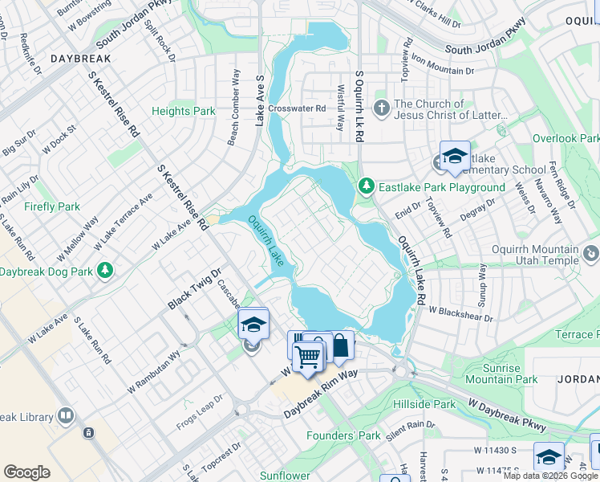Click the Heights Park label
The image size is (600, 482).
tap(184, 111)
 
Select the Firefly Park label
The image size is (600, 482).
tap(52, 206)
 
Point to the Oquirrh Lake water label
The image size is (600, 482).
tap(265, 240)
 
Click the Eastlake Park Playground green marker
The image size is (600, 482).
tap(367, 186)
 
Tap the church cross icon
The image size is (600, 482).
tap(382, 107)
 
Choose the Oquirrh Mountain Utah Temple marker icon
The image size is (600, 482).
tap(591, 255)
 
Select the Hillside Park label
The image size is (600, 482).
tap(424, 404)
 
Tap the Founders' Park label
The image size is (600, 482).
tap(343, 435)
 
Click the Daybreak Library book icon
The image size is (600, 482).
tap(66, 416)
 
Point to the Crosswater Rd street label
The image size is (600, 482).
tap(297, 108)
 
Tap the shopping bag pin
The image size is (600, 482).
tap(341, 345)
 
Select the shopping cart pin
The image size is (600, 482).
tap(307, 355)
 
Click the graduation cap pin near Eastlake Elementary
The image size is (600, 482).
tap(455, 155)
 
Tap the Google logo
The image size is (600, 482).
tap(26, 472)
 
